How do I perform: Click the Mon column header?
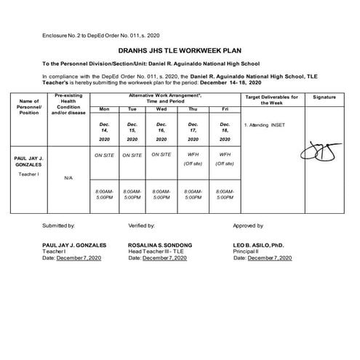coord(103,109)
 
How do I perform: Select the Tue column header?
coord(132,109)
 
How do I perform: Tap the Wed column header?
coord(161,109)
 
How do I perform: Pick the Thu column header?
coord(193,109)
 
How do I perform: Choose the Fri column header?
coord(223,109)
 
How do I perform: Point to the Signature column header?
coord(324,97)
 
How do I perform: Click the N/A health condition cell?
coord(68,177)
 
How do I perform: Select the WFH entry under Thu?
coord(193,155)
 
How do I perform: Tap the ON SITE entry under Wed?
coord(161,154)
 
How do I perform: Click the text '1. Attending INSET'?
coord(265,125)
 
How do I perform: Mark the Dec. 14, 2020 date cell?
coord(103,131)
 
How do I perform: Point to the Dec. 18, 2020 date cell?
coord(223,131)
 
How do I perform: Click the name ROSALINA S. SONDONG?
coord(160,246)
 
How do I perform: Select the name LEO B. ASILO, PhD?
coord(263,246)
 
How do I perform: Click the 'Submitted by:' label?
coord(59,226)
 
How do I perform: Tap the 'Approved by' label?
coord(249,226)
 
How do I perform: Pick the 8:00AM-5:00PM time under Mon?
coord(103,193)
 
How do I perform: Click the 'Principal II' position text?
coord(247,252)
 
